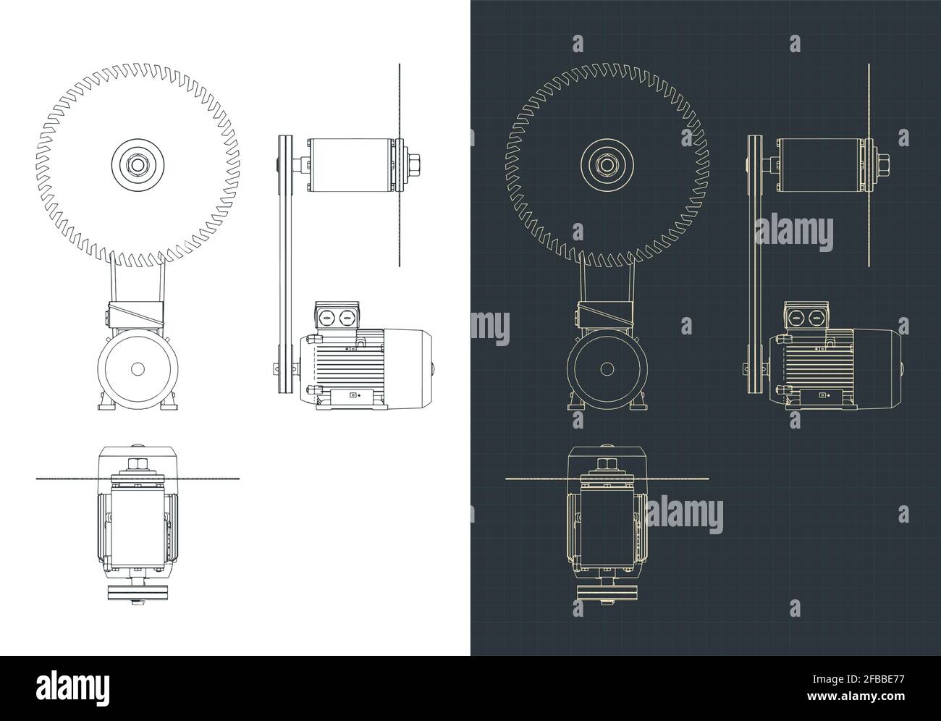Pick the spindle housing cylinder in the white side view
point(351,166)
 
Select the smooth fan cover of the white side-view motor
point(409,366)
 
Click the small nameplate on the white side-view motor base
point(354,396)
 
